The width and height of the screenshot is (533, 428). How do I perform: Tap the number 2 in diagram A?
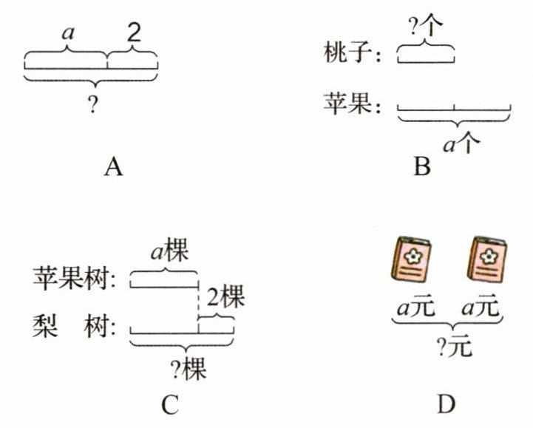[134, 33]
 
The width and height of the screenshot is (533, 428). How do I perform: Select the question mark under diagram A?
[92, 106]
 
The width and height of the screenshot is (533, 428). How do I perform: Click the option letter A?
[112, 168]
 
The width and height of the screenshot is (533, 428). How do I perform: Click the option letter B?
[422, 168]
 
